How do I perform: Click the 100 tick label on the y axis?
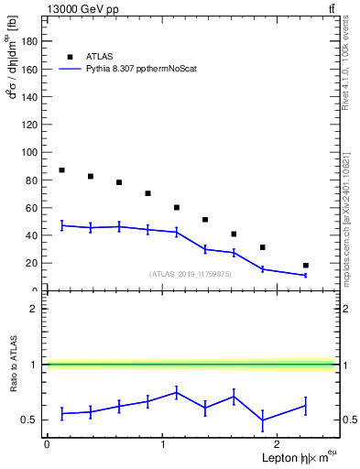32,152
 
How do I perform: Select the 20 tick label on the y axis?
35,263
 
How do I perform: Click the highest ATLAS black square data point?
61,170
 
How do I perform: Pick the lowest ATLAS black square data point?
306,266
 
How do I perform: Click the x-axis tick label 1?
162,444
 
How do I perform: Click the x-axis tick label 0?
47,444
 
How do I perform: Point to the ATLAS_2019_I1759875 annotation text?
191,274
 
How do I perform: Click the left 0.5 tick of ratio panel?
35,420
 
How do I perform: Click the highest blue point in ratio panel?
177,392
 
